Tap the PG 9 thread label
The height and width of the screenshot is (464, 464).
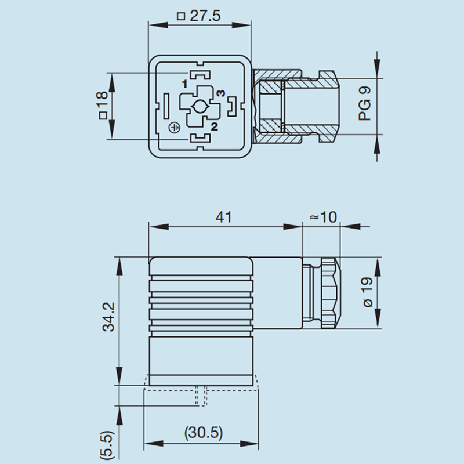tap(365, 104)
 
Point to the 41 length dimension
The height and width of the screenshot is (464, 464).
tap(223, 217)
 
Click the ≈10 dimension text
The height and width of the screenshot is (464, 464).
tap(322, 217)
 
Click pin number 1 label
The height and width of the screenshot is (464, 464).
tap(184, 85)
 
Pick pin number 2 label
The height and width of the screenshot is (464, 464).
tap(214, 126)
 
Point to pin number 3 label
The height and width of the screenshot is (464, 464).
tap(220, 93)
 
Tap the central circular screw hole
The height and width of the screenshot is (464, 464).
tap(199, 107)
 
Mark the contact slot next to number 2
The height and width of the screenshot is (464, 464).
tap(200, 137)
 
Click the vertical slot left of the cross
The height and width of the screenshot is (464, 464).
tap(166, 106)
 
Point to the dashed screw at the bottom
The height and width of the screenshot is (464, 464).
tap(200, 396)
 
